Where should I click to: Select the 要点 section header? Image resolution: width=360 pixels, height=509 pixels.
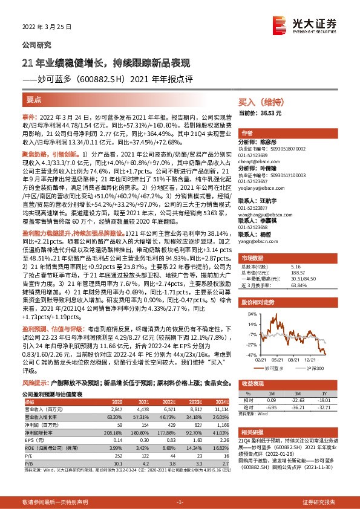coord(34,99)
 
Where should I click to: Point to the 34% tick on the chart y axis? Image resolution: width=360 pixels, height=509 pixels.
coord(249,314)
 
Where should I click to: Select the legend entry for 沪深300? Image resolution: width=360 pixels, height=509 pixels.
coord(318,367)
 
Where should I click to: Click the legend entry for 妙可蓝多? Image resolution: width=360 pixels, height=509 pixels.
coord(283,367)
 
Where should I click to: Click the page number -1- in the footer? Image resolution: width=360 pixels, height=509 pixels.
coord(180,502)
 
